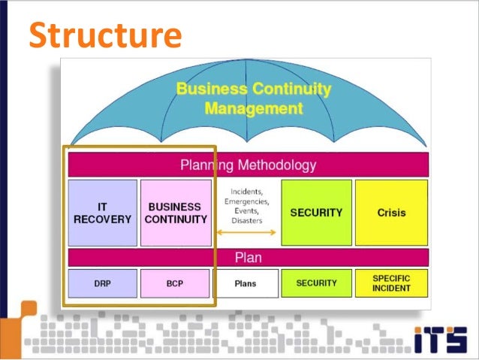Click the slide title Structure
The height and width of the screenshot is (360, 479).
tap(105, 35)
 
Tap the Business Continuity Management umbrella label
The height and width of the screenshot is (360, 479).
tap(253, 98)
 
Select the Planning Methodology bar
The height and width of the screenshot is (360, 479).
tap(248, 165)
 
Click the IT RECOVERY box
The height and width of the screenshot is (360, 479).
tap(103, 213)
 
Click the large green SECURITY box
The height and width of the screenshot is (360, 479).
tap(316, 213)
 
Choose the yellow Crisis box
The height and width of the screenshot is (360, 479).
tap(391, 213)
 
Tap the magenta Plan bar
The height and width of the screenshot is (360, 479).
tap(248, 257)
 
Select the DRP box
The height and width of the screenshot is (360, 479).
tap(103, 283)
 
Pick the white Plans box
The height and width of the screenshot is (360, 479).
tap(246, 283)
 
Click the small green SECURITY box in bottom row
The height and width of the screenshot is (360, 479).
tap(316, 283)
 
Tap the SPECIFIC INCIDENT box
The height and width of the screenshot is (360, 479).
tap(391, 283)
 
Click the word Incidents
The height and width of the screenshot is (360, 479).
tap(246, 191)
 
